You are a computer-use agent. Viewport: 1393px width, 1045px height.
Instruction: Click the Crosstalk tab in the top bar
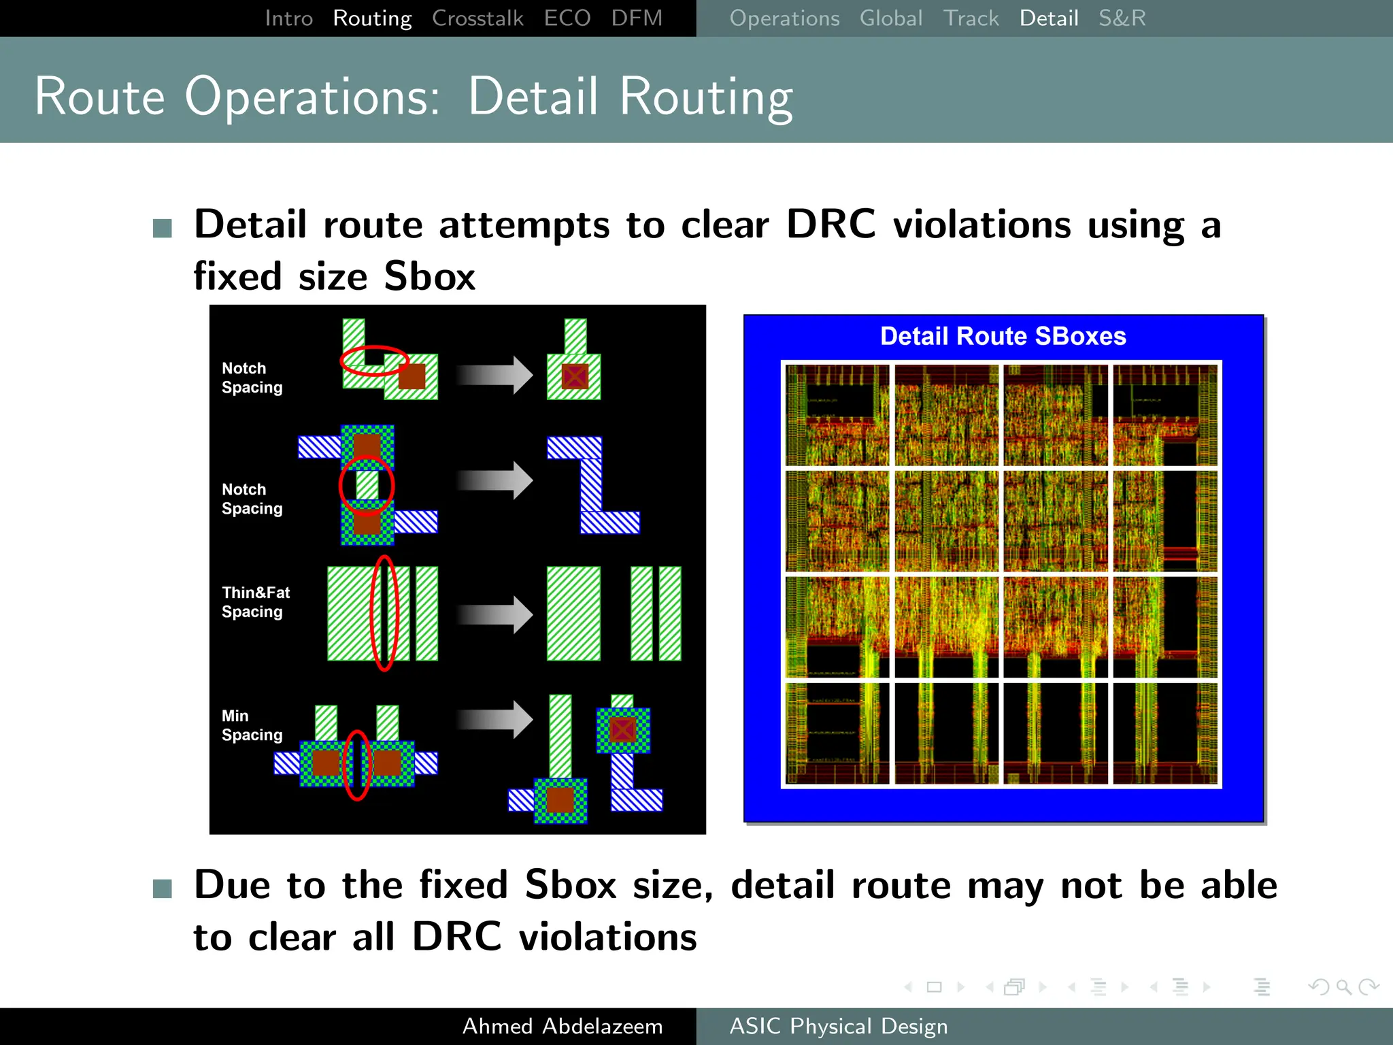click(x=477, y=18)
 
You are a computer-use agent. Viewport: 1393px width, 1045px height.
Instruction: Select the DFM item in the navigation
click(x=636, y=18)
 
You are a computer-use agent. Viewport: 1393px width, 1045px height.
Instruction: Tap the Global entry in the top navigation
click(x=890, y=18)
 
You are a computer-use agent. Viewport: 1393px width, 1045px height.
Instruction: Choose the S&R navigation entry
click(x=1122, y=18)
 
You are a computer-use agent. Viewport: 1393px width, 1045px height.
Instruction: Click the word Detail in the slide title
click(x=533, y=97)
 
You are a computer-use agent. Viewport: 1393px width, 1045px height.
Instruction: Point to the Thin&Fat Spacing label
click(x=255, y=602)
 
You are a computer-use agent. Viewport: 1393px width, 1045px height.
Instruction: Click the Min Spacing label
click(x=251, y=725)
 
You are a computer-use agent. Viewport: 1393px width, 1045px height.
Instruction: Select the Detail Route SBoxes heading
click(x=1003, y=336)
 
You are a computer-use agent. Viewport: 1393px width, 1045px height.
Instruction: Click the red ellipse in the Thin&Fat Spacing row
click(x=384, y=613)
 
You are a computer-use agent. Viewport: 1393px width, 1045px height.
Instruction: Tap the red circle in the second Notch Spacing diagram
click(x=367, y=485)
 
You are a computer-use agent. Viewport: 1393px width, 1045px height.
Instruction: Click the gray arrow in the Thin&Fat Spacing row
click(x=494, y=615)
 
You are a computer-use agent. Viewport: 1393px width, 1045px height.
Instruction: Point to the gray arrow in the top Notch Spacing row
click(x=494, y=375)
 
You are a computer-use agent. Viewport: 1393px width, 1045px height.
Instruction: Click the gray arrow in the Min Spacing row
click(x=494, y=719)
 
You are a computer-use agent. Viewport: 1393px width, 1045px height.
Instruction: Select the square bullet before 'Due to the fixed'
click(x=163, y=888)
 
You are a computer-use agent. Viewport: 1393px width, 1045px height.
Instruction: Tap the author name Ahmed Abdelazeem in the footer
click(x=562, y=1026)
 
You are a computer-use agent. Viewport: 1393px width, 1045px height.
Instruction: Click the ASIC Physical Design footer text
click(x=838, y=1026)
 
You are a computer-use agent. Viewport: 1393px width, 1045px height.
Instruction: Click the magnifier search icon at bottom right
click(x=1343, y=986)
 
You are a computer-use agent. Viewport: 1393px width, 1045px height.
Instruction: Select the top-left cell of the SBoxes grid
click(x=837, y=415)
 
